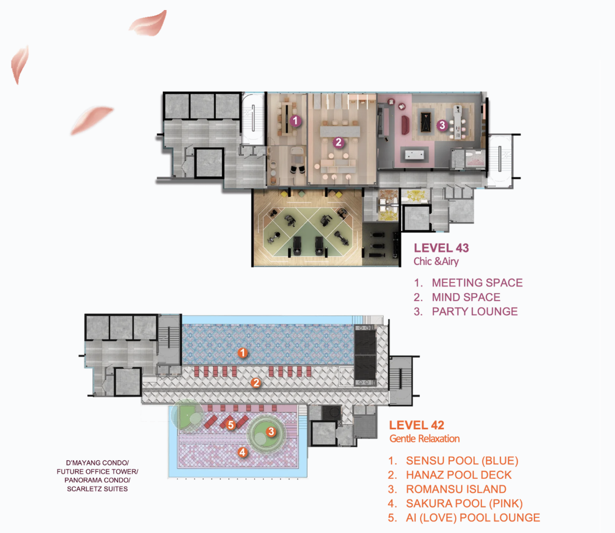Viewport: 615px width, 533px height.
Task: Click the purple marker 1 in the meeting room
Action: pyautogui.click(x=295, y=121)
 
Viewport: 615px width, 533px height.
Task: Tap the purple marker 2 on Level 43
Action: pyautogui.click(x=338, y=143)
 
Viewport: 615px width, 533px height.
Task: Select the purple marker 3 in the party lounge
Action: pyautogui.click(x=442, y=125)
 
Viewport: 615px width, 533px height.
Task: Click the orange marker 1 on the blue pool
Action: pyautogui.click(x=242, y=353)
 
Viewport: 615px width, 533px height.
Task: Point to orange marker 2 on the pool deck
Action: pyautogui.click(x=256, y=383)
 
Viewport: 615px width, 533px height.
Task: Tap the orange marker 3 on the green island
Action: pyautogui.click(x=271, y=431)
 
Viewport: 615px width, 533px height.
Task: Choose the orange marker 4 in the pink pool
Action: pyautogui.click(x=242, y=452)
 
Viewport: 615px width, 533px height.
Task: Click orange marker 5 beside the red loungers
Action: pyautogui.click(x=230, y=425)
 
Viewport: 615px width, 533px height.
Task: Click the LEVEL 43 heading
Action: pyautogui.click(x=441, y=248)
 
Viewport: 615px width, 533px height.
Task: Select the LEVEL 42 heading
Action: pyautogui.click(x=417, y=425)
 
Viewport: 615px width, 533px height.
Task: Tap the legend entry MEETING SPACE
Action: pyautogui.click(x=477, y=283)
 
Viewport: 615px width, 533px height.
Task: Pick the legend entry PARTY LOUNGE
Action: pyautogui.click(x=475, y=311)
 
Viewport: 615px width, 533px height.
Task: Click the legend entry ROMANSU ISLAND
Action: pyautogui.click(x=456, y=489)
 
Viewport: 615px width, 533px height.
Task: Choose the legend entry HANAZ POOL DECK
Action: pyautogui.click(x=459, y=475)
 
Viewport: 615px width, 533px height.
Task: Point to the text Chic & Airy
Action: pyautogui.click(x=436, y=261)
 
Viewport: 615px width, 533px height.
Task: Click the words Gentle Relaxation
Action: pyautogui.click(x=425, y=438)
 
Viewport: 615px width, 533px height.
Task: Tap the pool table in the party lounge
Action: pyautogui.click(x=426, y=122)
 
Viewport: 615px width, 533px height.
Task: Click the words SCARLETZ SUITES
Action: pyautogui.click(x=97, y=488)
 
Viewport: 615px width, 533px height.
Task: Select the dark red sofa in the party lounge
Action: pyautogui.click(x=405, y=125)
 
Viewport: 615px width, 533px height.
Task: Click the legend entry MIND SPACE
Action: pyautogui.click(x=466, y=297)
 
